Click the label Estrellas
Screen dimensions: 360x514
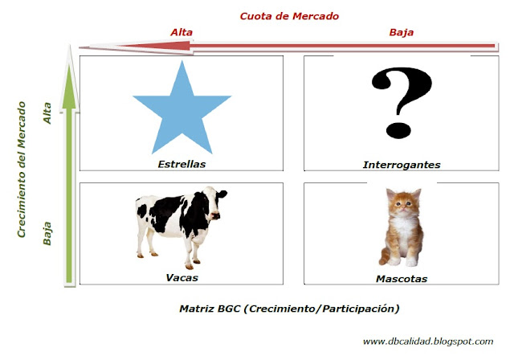182,163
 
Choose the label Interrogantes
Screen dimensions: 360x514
402,164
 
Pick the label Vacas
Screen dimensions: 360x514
182,277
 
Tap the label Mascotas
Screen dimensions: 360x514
402,279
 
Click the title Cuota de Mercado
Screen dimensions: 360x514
289,15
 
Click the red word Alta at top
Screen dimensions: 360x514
182,32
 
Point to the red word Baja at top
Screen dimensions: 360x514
402,32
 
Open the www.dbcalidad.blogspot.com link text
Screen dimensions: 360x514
427,342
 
